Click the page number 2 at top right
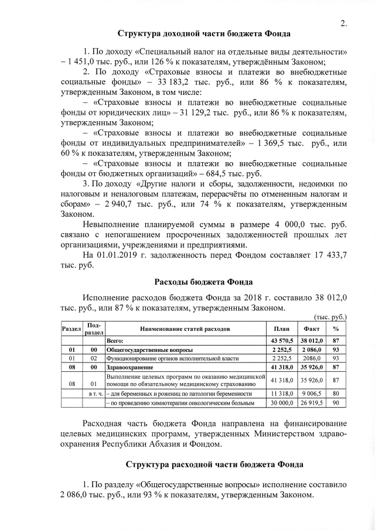(344, 23)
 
